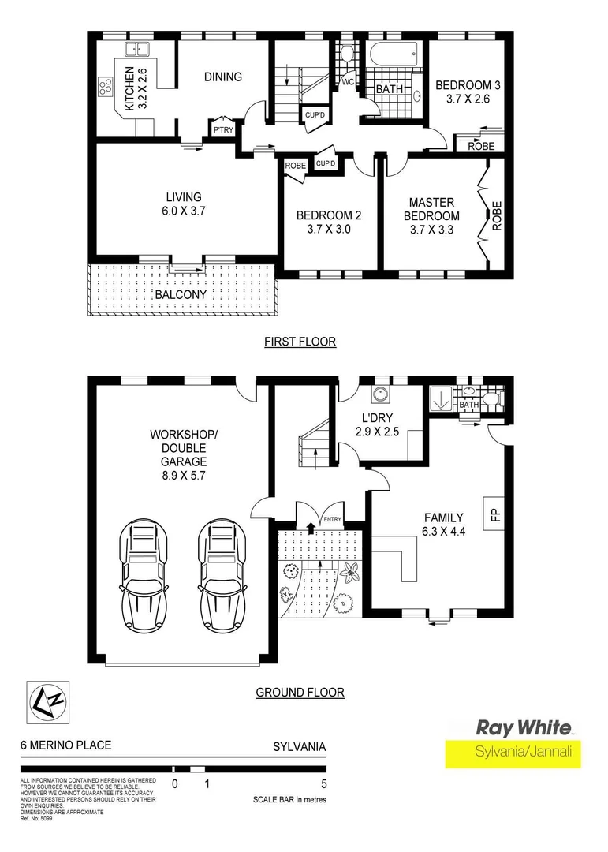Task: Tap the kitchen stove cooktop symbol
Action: (104, 88)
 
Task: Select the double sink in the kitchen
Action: (136, 49)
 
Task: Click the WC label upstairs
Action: (348, 81)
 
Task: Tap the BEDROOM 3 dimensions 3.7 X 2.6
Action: (463, 100)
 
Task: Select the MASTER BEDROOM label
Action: (431, 209)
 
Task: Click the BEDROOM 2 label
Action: (323, 215)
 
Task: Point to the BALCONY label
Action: (181, 294)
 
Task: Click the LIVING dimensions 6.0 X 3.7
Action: (183, 211)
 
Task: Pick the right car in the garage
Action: (224, 576)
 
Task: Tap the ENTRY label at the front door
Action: (332, 518)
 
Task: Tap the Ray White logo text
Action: (523, 727)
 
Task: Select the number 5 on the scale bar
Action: (324, 784)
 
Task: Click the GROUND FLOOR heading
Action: (300, 693)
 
